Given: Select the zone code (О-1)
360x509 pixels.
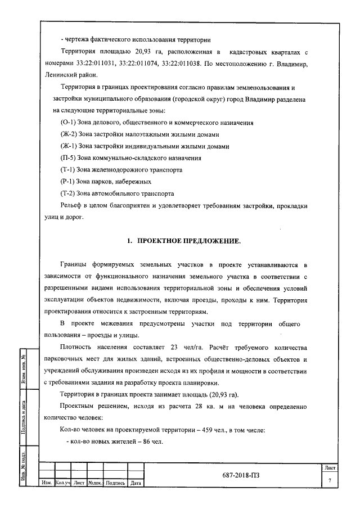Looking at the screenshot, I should pyautogui.click(x=70, y=122).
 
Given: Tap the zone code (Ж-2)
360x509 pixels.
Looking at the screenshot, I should pyautogui.click(x=70, y=134).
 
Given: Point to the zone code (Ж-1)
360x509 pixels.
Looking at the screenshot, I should pyautogui.click(x=70, y=146).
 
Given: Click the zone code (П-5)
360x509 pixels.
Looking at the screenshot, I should pyautogui.click(x=70, y=157).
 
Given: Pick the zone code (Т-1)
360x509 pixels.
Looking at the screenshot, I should pyautogui.click(x=69, y=169).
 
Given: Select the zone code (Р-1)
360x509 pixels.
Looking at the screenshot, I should pyautogui.click(x=69, y=181).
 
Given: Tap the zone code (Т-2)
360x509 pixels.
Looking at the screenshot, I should pyautogui.click(x=69, y=193).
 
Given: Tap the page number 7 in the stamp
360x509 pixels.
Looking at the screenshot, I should pyautogui.click(x=330, y=479).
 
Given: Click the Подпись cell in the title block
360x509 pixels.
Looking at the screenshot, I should pyautogui.click(x=115, y=483).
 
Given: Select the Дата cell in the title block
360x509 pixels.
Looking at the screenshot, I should pyautogui.click(x=136, y=483).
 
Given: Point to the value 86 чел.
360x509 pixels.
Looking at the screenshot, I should pyautogui.click(x=150, y=442).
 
